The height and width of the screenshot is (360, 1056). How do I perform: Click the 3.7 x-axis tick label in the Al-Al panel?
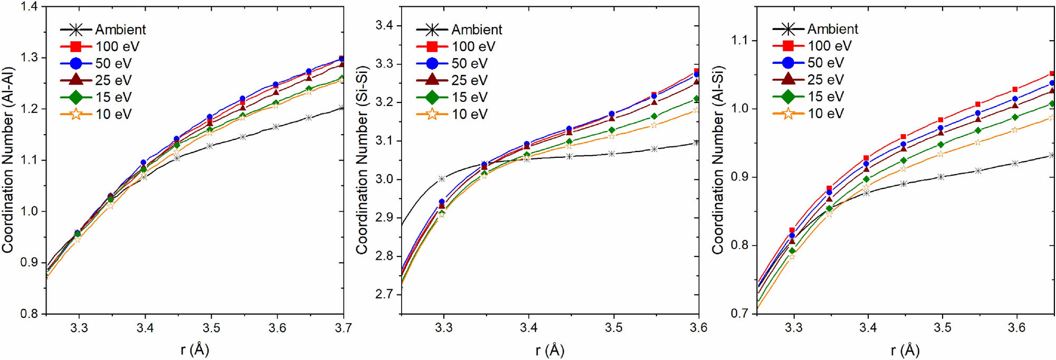point(343,328)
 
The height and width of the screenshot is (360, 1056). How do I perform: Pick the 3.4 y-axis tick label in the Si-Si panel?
point(386,25)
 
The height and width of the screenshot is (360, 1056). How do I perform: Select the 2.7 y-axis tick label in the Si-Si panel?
point(386,294)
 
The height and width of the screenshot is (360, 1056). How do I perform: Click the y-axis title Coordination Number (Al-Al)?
point(7,160)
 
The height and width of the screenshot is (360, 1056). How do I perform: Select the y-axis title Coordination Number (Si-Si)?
point(361,160)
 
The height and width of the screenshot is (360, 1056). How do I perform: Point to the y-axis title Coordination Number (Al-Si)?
point(718,160)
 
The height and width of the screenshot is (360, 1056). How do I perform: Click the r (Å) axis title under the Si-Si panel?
point(549,349)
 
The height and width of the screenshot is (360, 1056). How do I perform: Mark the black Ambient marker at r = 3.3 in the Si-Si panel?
point(442,179)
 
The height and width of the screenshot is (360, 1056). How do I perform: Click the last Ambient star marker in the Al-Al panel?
point(341,108)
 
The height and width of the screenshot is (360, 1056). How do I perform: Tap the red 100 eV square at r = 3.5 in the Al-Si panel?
point(940,120)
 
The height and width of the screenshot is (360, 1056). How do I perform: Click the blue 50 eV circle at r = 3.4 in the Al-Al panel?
point(144,163)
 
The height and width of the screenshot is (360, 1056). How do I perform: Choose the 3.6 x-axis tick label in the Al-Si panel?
point(1016,328)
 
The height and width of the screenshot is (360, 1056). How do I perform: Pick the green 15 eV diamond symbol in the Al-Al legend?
point(76,97)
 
